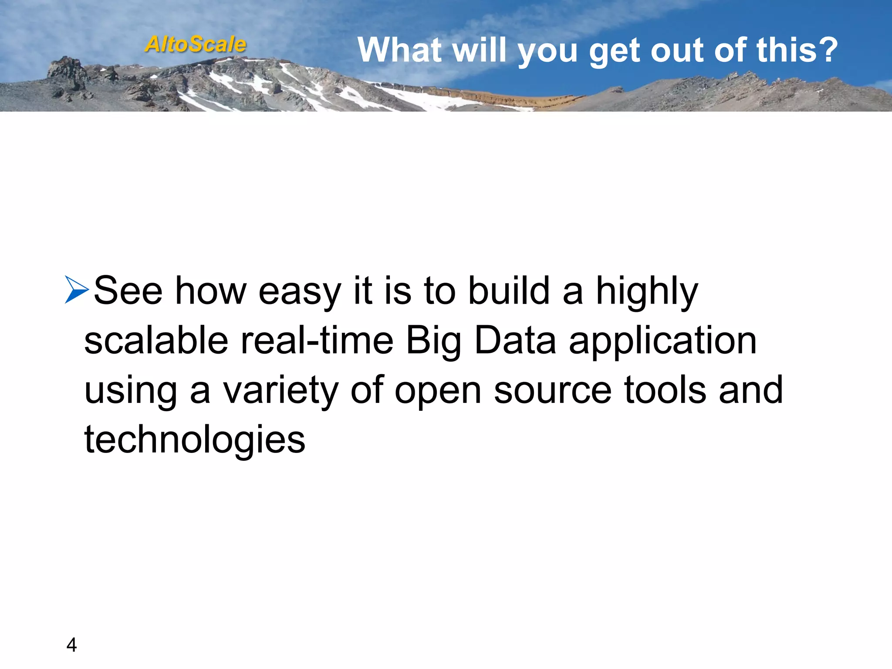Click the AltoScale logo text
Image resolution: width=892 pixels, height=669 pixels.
[x=196, y=44]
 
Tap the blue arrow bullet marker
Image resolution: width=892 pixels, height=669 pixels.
[x=77, y=289]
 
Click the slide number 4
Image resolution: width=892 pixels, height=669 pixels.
[x=71, y=645]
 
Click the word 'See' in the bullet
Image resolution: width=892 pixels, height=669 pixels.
[x=128, y=291]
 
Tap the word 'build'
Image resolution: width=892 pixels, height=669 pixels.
[x=509, y=291]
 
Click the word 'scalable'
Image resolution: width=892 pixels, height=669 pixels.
[x=156, y=341]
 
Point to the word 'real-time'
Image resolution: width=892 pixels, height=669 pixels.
[x=317, y=341]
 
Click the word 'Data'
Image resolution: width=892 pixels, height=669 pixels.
[x=515, y=341]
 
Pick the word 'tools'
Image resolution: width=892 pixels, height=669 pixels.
[x=665, y=390]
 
